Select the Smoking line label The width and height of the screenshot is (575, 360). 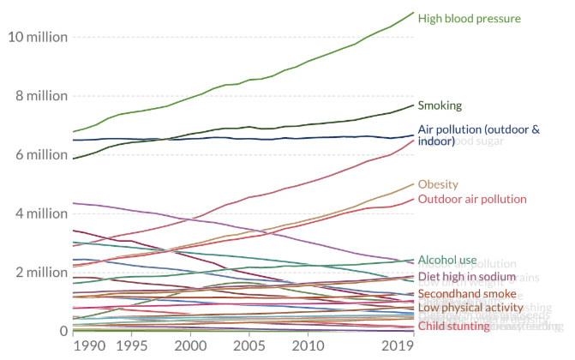point(440,106)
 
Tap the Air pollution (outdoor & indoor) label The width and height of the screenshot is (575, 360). point(479,135)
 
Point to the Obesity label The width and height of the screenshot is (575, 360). point(438,184)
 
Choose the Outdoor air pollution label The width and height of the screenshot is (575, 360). point(471,199)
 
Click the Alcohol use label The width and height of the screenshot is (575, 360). point(447,260)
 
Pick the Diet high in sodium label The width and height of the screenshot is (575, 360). point(466,277)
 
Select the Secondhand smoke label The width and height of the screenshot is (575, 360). point(467,294)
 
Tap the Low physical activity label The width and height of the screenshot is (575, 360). point(470,307)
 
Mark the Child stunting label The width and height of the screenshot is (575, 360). point(453,326)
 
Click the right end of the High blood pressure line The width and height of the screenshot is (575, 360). point(414,13)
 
